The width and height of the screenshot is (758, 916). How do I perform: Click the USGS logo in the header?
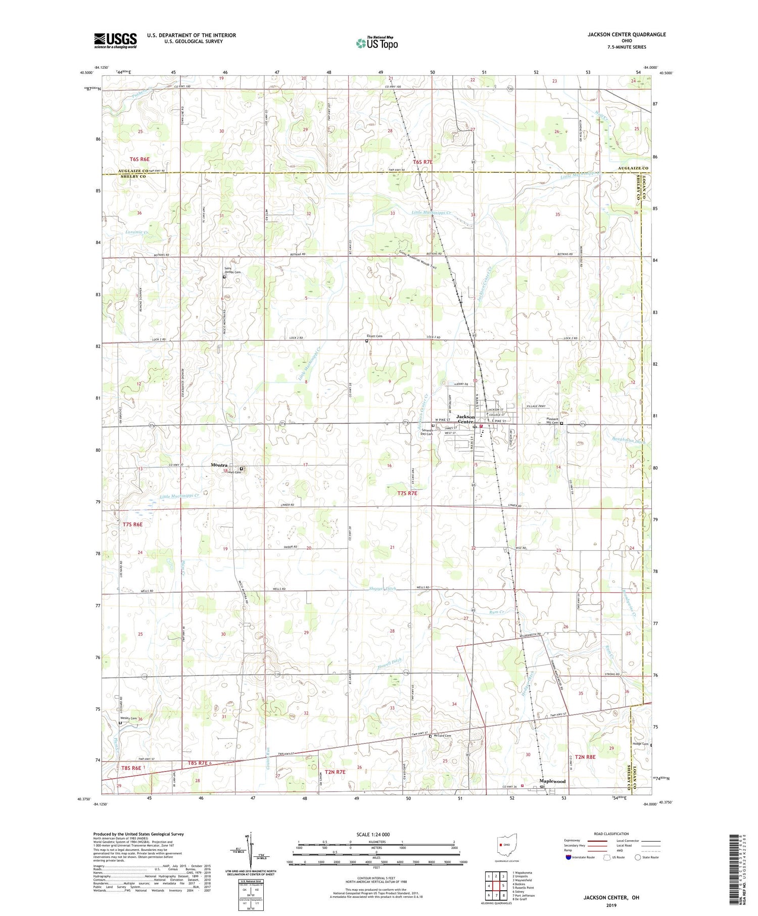click(x=115, y=40)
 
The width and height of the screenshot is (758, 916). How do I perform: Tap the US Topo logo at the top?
click(x=376, y=43)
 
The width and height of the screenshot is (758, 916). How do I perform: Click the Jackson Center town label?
click(x=465, y=419)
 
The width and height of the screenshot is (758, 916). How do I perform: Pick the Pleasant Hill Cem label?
click(x=556, y=421)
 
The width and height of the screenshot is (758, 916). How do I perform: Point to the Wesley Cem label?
click(x=128, y=718)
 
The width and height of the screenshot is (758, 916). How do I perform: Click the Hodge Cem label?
click(x=640, y=743)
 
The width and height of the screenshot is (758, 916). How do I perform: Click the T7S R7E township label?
click(x=407, y=493)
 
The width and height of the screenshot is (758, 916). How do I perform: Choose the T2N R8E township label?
click(x=585, y=757)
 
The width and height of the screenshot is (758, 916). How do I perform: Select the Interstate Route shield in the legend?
click(x=568, y=857)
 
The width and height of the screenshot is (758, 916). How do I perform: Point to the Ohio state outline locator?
click(x=507, y=844)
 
